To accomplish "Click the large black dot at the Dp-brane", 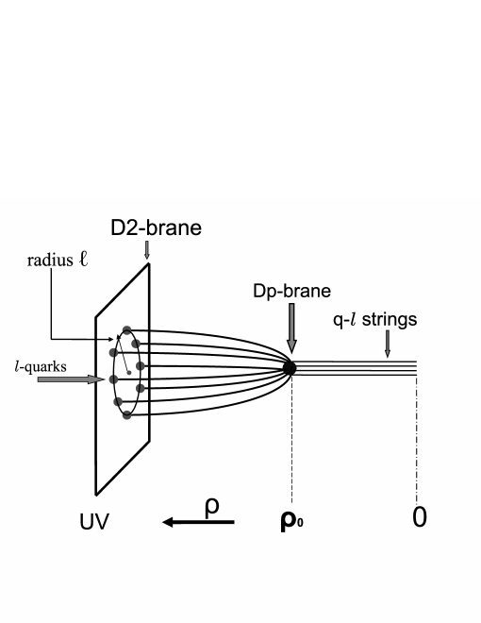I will point(290,368).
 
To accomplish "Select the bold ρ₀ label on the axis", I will point(291,521).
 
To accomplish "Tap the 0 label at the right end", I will point(418,519).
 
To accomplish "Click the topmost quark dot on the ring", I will point(125,330).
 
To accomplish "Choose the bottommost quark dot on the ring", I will point(124,414).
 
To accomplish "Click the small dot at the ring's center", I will point(129,373).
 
